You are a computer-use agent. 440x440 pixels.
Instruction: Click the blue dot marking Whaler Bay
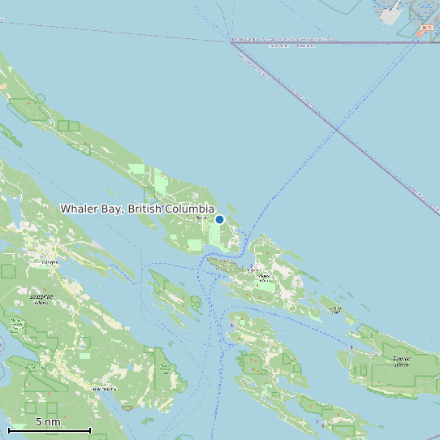point(219,219)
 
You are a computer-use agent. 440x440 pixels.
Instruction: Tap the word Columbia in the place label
point(189,209)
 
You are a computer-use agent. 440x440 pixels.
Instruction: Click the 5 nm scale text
point(48,421)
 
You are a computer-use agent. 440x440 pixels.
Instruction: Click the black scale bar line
point(49,429)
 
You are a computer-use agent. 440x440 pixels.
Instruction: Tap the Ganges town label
point(50,262)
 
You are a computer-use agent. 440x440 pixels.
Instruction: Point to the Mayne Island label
point(264,277)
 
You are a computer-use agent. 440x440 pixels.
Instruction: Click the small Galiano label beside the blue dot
point(202,218)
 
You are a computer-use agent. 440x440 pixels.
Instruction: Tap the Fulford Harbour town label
point(105,389)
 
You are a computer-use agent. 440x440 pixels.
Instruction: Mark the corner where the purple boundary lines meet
point(233,42)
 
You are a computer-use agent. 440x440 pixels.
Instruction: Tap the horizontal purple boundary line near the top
point(325,42)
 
